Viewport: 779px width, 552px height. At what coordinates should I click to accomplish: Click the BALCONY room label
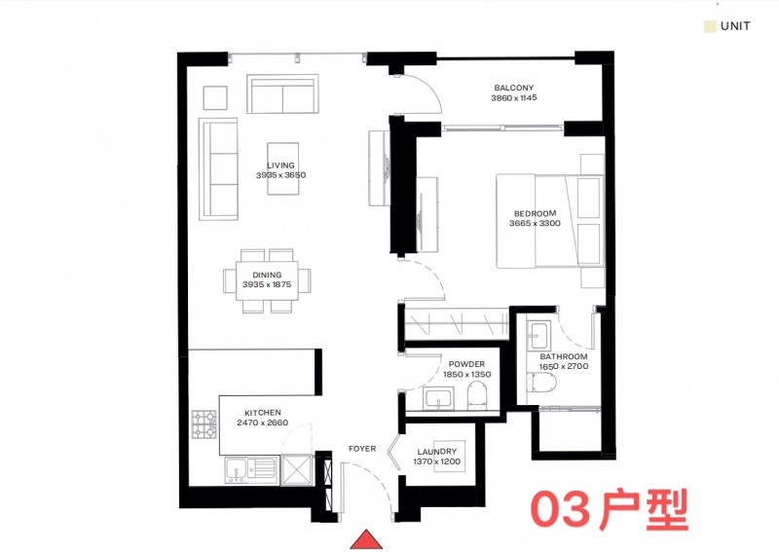tap(514, 88)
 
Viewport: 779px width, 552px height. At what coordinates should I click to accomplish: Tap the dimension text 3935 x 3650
tap(280, 175)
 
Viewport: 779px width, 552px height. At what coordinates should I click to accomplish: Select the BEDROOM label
tap(535, 213)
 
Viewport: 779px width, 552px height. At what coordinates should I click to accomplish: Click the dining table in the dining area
tap(267, 280)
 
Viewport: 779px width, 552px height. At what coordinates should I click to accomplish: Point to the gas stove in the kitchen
tap(204, 423)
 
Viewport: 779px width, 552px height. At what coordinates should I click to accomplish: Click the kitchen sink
tap(251, 469)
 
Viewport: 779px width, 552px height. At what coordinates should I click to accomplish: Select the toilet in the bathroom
tap(541, 383)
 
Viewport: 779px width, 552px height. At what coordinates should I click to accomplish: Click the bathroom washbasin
tap(538, 336)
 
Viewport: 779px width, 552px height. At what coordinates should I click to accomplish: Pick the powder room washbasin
tap(438, 399)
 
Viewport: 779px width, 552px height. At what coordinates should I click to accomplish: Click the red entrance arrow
tap(366, 539)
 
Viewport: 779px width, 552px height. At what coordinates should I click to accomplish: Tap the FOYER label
tap(362, 449)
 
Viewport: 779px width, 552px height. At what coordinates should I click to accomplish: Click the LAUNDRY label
tap(436, 452)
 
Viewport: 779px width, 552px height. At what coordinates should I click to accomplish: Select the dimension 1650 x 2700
tap(564, 367)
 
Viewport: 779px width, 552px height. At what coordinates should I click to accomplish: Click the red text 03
tap(562, 509)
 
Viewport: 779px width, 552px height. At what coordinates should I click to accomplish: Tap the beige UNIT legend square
tap(710, 26)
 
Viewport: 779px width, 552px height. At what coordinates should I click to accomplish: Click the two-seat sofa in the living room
tap(282, 94)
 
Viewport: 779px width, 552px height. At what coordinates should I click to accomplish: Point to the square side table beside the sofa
tap(215, 98)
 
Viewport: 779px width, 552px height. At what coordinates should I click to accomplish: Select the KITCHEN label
tap(263, 413)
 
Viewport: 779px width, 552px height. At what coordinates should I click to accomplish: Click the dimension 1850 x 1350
tap(467, 375)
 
